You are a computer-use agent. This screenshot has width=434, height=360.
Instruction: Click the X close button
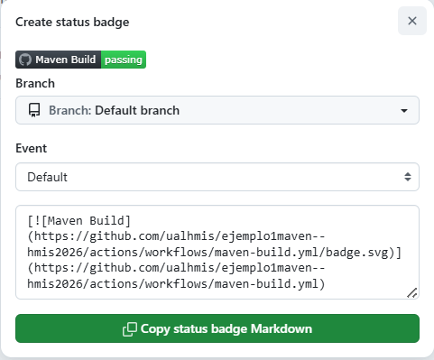(x=411, y=21)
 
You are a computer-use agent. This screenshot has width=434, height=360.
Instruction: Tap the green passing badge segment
(x=124, y=60)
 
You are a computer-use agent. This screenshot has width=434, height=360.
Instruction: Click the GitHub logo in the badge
(x=25, y=60)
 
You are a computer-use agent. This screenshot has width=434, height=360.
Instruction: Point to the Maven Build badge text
(x=66, y=60)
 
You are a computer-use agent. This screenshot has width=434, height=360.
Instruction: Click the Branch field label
(x=35, y=83)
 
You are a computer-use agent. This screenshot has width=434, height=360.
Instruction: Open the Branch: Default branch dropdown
(x=217, y=110)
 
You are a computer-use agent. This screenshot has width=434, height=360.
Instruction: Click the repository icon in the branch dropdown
(x=34, y=110)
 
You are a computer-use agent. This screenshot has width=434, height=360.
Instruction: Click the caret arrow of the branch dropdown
(x=404, y=111)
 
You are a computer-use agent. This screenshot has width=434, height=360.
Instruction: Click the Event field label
(x=32, y=148)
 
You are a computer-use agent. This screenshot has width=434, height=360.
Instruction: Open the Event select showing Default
(x=217, y=176)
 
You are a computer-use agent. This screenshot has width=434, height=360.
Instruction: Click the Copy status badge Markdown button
(x=217, y=328)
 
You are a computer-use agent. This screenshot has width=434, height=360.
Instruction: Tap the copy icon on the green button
(x=129, y=328)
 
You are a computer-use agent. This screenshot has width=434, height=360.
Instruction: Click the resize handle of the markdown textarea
(x=412, y=292)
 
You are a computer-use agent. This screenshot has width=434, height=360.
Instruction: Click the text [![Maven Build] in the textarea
(x=79, y=219)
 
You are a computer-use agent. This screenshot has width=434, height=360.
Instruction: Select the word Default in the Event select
(x=48, y=176)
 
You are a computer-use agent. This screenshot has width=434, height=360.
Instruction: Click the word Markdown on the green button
(x=283, y=328)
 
